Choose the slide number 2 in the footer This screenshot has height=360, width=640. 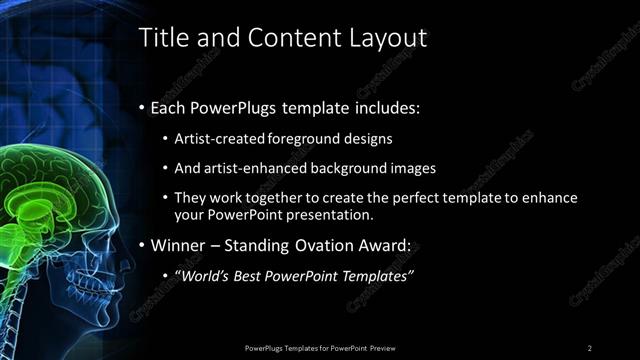point(589,347)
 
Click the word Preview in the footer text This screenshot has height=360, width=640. point(385,347)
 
